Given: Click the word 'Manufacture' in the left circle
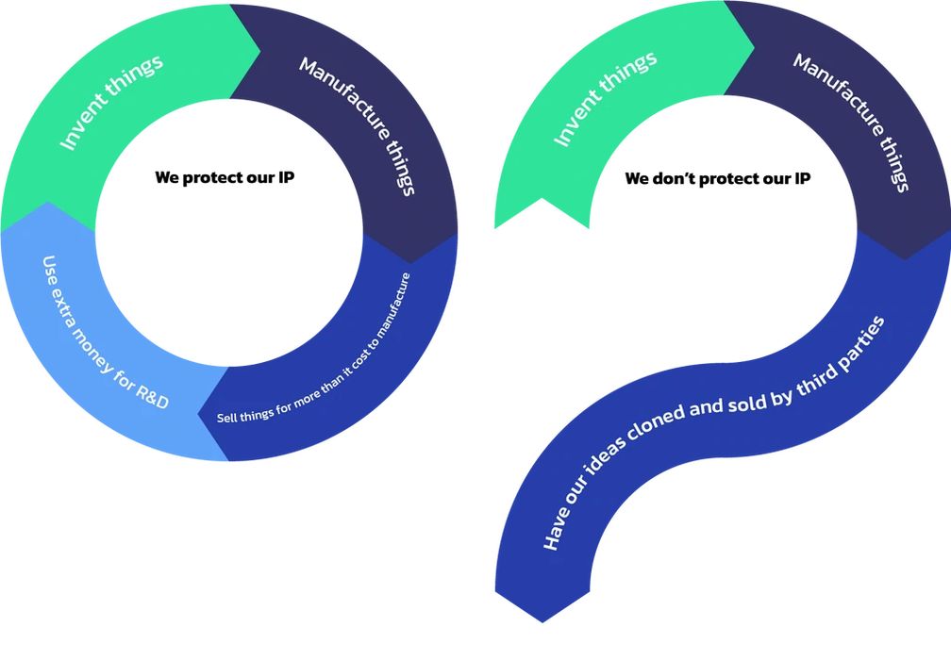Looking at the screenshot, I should [342, 95].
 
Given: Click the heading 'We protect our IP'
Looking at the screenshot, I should [225, 177].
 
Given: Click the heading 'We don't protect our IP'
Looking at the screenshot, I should [717, 177].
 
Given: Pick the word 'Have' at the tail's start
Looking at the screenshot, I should [556, 531].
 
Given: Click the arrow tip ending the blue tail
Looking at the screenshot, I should [542, 619].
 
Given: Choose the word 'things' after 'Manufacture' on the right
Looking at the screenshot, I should [892, 166].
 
